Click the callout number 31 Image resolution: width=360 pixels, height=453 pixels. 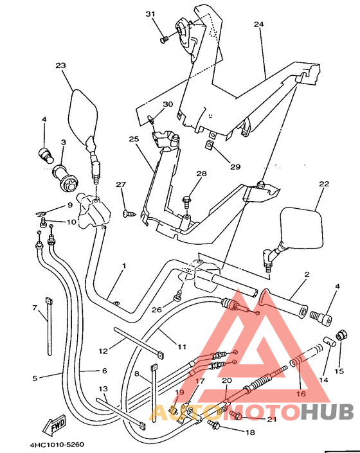tap(150, 14)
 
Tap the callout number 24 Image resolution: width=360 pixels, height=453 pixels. tap(259, 24)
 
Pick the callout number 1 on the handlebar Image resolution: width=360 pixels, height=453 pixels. tap(124, 265)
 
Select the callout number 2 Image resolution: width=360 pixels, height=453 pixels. tap(307, 274)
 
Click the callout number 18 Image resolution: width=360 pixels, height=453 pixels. tap(250, 432)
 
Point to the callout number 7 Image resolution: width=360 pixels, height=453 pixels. tap(35, 307)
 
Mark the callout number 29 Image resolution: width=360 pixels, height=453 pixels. tap(235, 167)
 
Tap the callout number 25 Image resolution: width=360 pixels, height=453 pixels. tap(134, 139)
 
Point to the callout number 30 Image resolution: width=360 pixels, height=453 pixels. tap(168, 104)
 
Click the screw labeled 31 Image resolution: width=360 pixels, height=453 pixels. tap(164, 39)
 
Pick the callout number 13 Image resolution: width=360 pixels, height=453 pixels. tap(103, 389)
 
